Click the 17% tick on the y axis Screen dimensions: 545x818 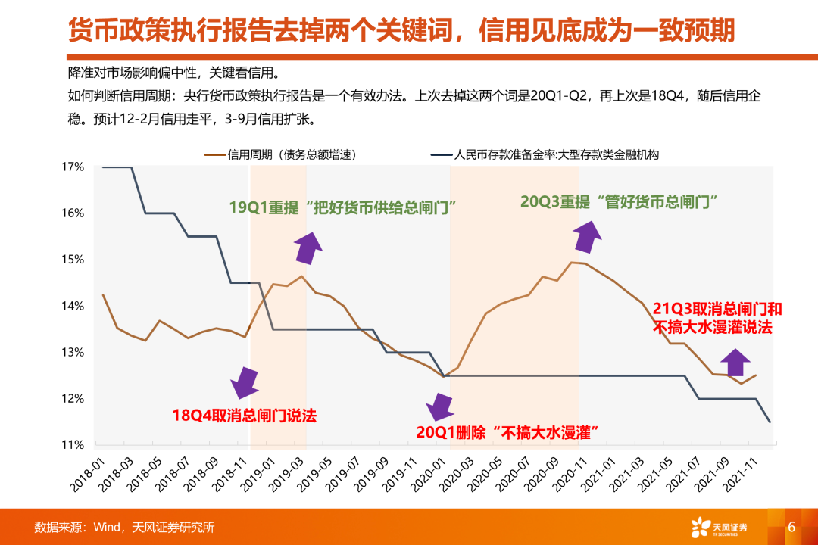[73, 167]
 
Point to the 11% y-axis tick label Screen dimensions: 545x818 [73, 445]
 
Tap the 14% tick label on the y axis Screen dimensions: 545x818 [73, 306]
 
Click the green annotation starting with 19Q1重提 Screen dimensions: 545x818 [347, 207]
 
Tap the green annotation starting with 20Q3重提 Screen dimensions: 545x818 [619, 201]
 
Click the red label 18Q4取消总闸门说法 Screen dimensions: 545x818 [244, 415]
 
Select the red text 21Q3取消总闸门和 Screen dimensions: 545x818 [717, 309]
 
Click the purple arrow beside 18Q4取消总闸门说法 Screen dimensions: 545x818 [244, 382]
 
